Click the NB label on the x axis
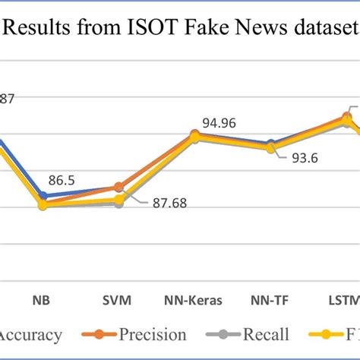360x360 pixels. click(43, 298)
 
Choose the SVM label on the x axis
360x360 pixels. click(118, 298)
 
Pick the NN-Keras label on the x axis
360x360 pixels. click(194, 298)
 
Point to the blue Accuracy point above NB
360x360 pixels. click(43, 195)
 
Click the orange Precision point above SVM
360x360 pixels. click(118, 187)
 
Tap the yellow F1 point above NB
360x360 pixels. click(43, 205)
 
